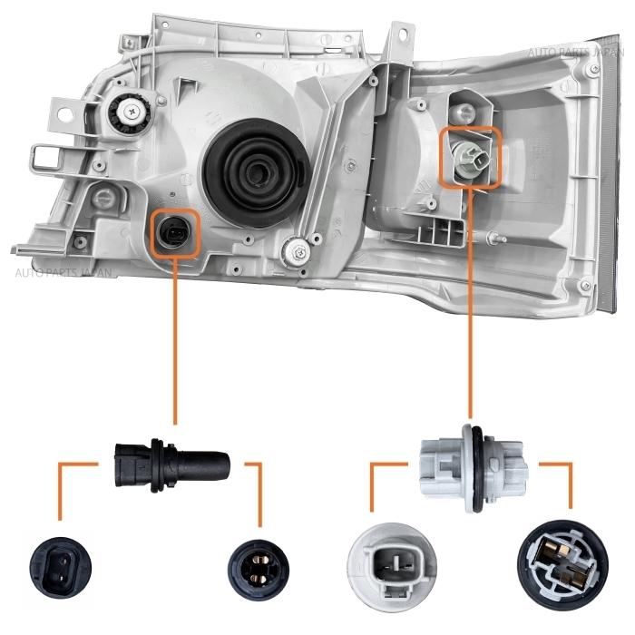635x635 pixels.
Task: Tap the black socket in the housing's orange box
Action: (x=172, y=234)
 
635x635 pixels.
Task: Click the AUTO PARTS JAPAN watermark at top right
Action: (x=575, y=53)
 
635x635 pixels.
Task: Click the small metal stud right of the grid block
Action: (x=495, y=238)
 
